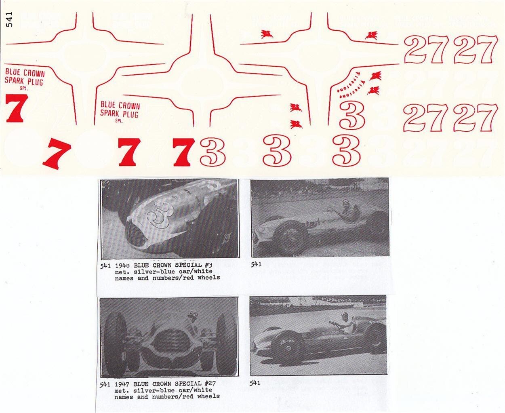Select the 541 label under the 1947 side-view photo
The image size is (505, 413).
[255, 383]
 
